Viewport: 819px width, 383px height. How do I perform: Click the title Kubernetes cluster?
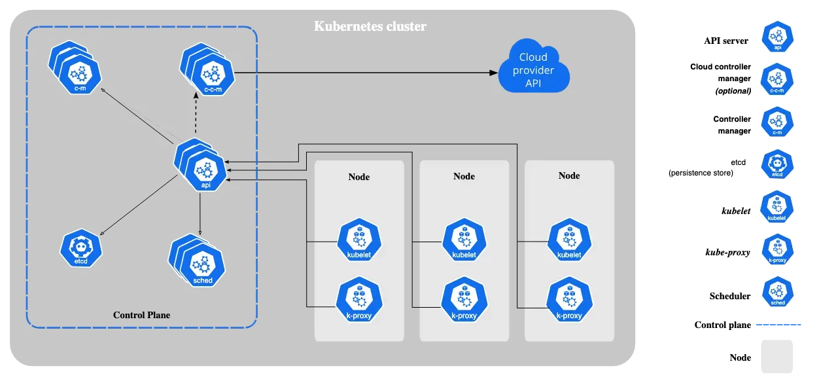click(370, 27)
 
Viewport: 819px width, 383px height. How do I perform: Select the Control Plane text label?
click(141, 315)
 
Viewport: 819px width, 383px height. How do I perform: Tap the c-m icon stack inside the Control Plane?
click(77, 69)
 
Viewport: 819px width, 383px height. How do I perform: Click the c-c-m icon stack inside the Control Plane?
click(209, 70)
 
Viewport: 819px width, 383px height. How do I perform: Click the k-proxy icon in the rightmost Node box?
click(569, 300)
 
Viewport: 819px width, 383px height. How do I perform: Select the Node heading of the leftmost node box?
click(358, 177)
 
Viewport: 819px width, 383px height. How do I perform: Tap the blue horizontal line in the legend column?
click(779, 324)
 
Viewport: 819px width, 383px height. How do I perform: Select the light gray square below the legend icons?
click(777, 356)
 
